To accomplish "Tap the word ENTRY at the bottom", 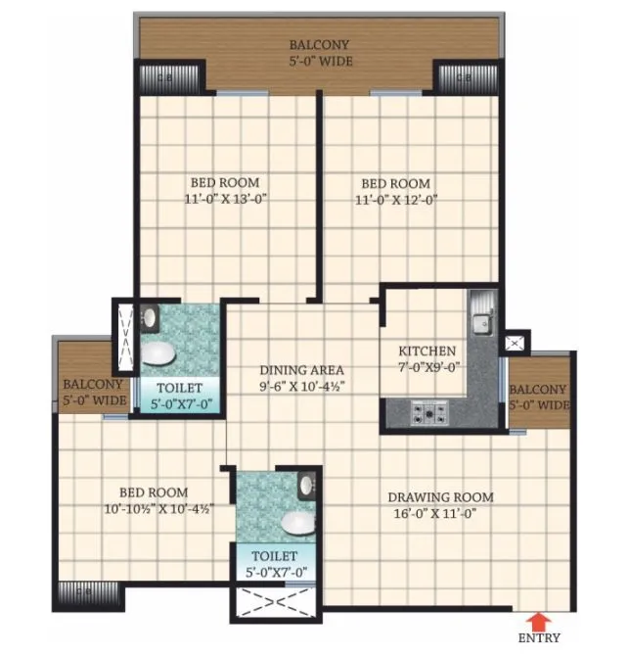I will tap(539, 638).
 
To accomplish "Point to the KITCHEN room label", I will tap(427, 351).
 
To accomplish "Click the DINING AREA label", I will tap(301, 370).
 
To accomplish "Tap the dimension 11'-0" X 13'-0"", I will tap(225, 198).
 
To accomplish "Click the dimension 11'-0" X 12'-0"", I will tap(395, 199).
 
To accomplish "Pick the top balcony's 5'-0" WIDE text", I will tap(319, 62).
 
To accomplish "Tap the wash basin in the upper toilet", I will tap(150, 317).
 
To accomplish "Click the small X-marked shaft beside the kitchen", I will tap(513, 344).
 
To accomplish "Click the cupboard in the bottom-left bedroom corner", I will tap(87, 592).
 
